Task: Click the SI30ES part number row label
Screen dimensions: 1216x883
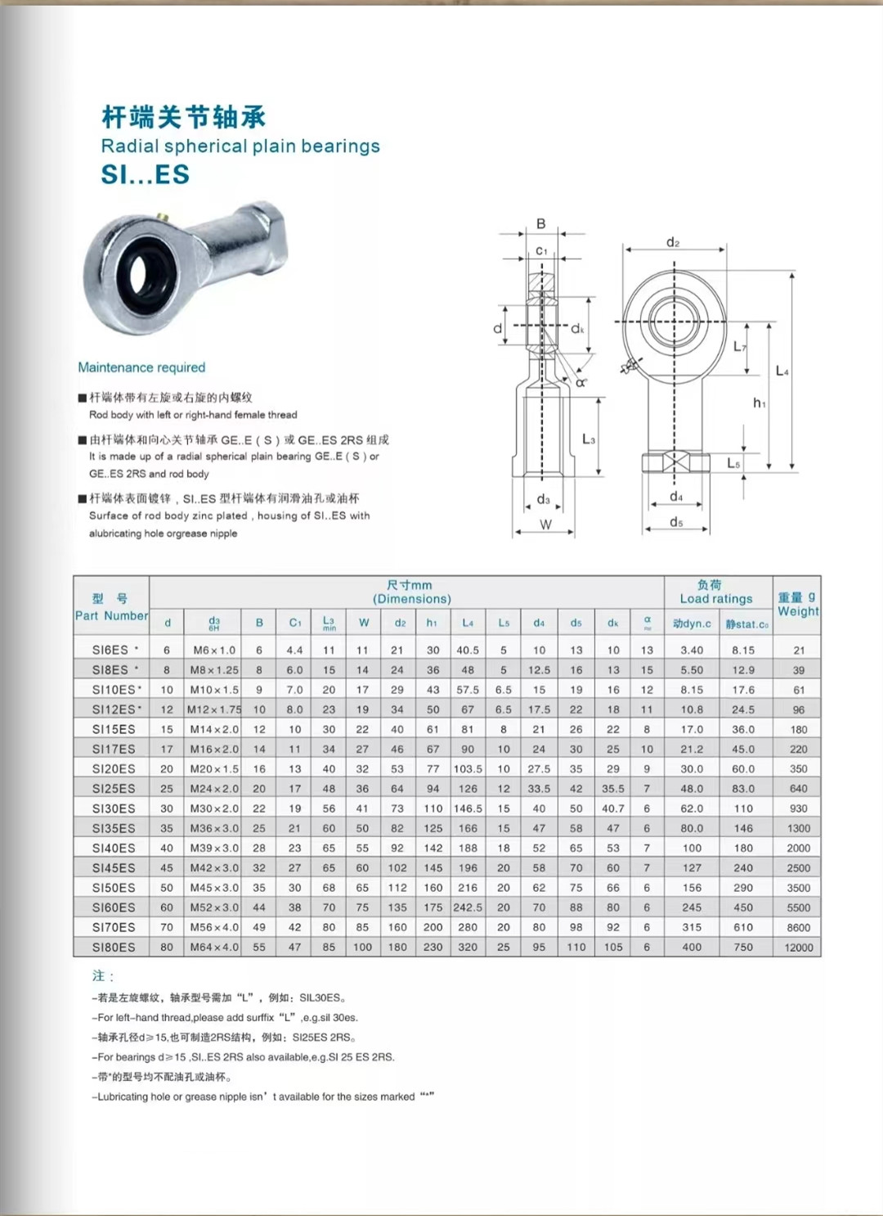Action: click(x=114, y=808)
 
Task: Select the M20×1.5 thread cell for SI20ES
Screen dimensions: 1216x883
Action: click(x=214, y=769)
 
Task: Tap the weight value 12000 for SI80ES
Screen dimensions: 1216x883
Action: click(x=799, y=948)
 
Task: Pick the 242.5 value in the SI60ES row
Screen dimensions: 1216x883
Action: click(x=468, y=907)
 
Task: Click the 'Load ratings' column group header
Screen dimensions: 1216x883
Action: click(x=715, y=598)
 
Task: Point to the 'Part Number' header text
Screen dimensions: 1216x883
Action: click(x=111, y=615)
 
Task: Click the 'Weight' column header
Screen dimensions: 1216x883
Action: click(x=798, y=611)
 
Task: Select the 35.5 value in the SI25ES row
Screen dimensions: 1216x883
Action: click(x=613, y=789)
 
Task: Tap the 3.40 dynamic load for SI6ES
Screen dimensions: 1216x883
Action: click(x=692, y=651)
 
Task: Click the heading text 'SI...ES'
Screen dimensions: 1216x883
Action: click(x=146, y=174)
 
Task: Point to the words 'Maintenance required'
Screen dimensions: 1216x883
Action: click(x=141, y=367)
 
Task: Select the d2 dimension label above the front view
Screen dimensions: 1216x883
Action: click(x=673, y=242)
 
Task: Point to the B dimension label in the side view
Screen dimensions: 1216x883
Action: click(x=541, y=223)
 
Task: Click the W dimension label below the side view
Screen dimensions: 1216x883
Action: click(x=545, y=525)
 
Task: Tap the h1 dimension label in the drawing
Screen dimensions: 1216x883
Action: click(x=760, y=403)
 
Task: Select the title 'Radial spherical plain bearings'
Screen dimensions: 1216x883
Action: click(x=240, y=146)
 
